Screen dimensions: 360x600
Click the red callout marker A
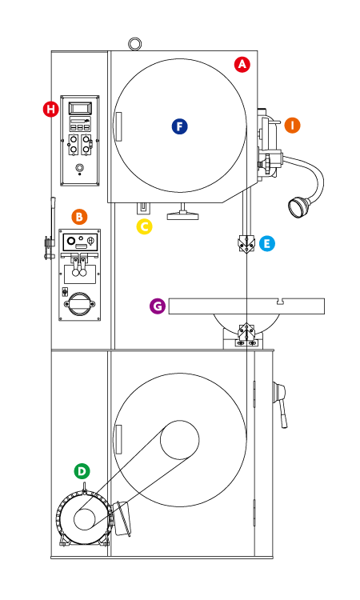coord(242,65)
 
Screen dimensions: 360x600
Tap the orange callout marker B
coord(79,217)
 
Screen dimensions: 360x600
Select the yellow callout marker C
coord(144,226)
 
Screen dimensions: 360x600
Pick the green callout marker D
coord(82,471)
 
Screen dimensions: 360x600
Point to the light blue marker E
coord(266,243)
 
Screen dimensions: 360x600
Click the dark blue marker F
coord(179,126)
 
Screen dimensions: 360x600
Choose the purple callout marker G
coord(158,306)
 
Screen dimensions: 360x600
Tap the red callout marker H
coord(51,109)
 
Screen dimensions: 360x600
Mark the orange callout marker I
coord(292,125)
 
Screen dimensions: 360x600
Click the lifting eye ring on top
coord(134,43)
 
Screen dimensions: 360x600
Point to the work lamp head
coord(298,206)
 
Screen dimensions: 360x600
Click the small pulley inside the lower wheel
coord(179,440)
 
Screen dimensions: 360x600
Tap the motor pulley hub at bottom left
coord(84,519)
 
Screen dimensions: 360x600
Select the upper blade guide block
coord(246,244)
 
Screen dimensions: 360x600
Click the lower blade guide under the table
coord(246,331)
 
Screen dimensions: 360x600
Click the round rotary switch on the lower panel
coord(79,304)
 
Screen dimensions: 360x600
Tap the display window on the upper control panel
coord(80,108)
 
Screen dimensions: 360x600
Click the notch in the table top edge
coord(281,302)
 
